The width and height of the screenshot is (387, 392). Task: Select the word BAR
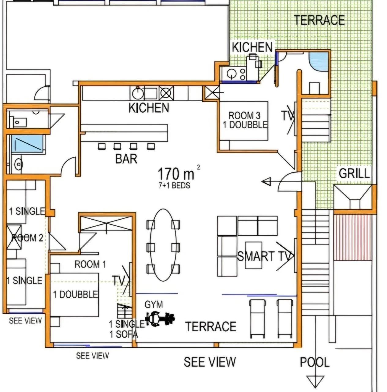click(126, 159)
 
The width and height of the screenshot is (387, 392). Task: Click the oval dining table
click(163, 245)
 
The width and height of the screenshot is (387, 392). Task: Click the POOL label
click(314, 362)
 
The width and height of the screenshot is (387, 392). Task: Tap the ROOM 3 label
click(244, 115)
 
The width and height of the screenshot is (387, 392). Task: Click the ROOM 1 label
click(90, 264)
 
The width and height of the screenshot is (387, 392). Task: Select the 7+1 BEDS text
click(174, 186)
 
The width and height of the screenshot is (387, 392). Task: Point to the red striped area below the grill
click(353, 238)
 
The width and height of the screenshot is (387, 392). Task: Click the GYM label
click(154, 304)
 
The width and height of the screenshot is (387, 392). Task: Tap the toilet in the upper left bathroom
click(18, 122)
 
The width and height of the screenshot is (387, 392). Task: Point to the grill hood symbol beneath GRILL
click(354, 197)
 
